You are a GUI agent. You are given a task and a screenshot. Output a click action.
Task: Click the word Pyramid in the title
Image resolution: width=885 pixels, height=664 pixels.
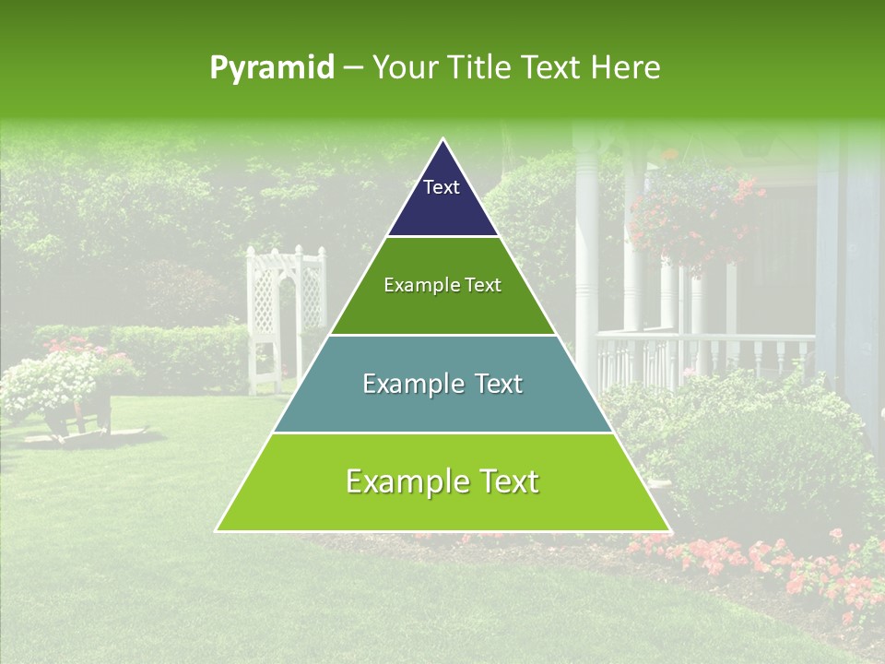(x=271, y=68)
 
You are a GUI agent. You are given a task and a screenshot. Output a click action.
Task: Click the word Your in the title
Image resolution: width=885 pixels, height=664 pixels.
(x=404, y=68)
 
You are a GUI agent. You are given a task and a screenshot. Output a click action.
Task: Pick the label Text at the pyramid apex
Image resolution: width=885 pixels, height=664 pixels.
(x=442, y=187)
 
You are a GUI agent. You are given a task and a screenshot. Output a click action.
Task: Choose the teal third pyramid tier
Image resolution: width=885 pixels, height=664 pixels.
(x=442, y=406)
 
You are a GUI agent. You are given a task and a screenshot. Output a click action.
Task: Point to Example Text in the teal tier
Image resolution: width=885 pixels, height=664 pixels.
(x=442, y=384)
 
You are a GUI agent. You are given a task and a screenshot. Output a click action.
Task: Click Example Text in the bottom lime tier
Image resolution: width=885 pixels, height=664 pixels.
(x=442, y=481)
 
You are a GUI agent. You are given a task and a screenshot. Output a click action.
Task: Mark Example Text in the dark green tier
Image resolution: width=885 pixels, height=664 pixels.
(x=442, y=285)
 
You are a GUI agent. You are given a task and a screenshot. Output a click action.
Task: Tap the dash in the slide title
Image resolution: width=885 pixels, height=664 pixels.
(x=353, y=68)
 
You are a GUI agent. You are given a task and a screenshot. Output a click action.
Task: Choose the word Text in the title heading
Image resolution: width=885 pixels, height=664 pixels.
(x=552, y=68)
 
